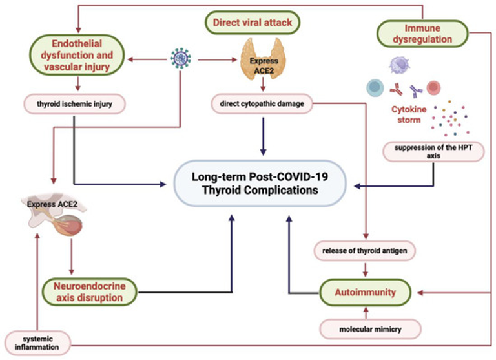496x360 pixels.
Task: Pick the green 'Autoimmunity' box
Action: (x=366, y=292)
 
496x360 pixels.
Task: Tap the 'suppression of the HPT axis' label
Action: (x=433, y=151)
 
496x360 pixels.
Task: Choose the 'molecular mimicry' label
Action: (x=370, y=329)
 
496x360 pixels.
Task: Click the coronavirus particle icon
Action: (x=181, y=59)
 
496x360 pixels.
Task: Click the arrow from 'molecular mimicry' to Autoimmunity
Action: (x=366, y=313)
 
